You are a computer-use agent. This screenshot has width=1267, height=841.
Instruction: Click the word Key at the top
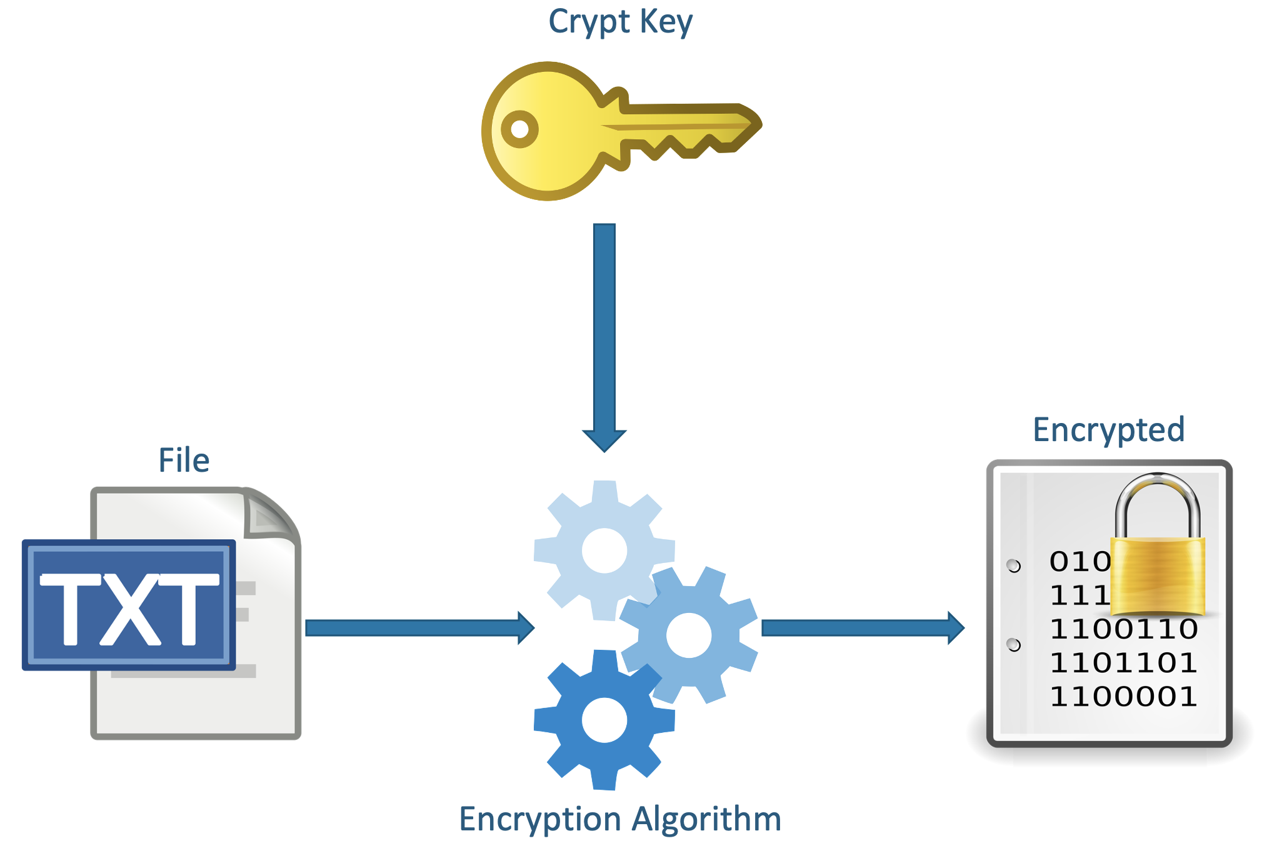tap(666, 22)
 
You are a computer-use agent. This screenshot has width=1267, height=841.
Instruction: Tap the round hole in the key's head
tap(519, 129)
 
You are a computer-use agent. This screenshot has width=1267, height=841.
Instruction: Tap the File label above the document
tap(184, 460)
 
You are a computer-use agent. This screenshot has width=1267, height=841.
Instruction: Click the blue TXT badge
tap(129, 605)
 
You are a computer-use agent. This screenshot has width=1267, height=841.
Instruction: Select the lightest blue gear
tap(604, 550)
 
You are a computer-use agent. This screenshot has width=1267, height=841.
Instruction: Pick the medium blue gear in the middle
tap(689, 635)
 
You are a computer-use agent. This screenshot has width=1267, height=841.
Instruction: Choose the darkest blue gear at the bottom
tap(604, 720)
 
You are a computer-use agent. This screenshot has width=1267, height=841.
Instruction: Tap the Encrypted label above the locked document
tap(1108, 430)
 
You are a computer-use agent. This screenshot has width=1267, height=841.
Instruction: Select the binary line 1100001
tap(1123, 697)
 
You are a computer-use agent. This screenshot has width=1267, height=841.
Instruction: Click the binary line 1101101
tap(1123, 663)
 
